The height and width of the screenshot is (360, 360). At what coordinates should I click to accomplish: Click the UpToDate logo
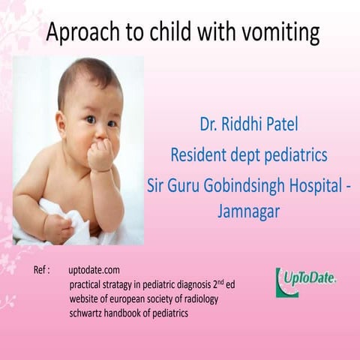[x=306, y=280]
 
